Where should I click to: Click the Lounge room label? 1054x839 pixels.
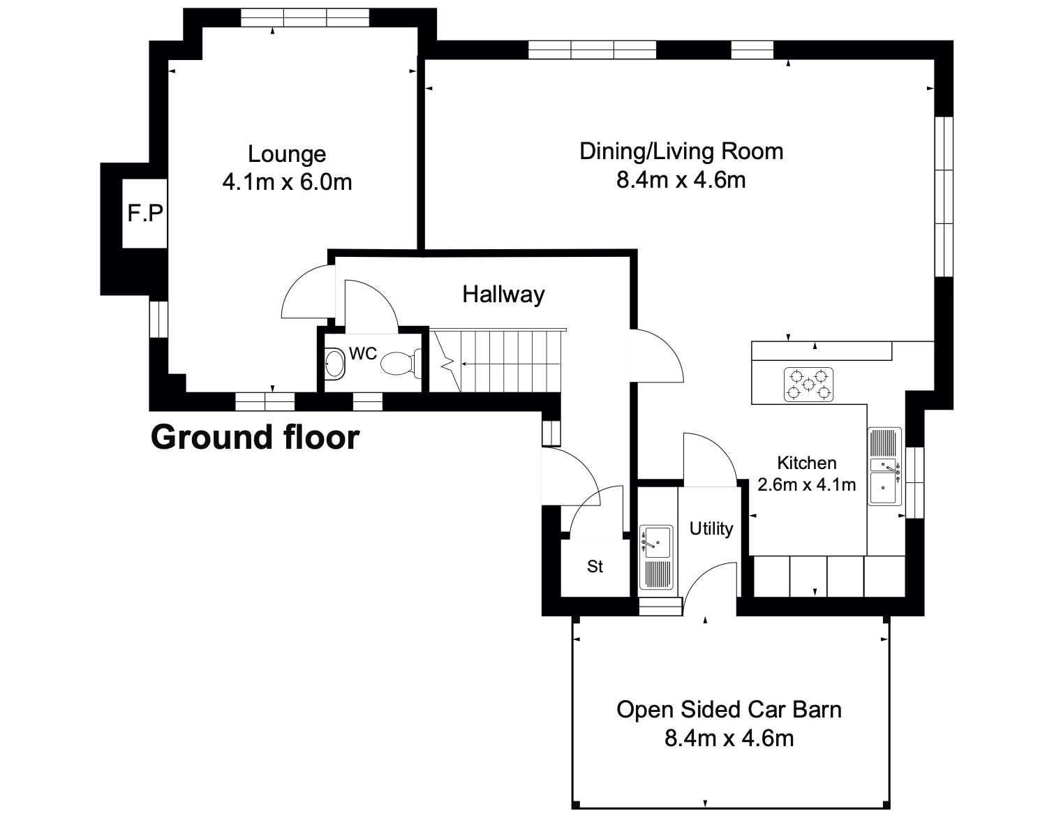coord(287,154)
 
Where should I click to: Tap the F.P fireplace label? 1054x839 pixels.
coord(145,213)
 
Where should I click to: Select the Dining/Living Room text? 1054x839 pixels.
coord(681,152)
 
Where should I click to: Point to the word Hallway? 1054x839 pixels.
coord(503,295)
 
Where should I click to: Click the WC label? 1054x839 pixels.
coord(363,353)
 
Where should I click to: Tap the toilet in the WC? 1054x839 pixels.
coord(401,363)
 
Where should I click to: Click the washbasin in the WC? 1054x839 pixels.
coord(335,364)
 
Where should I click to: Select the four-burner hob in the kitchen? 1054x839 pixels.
coord(808,385)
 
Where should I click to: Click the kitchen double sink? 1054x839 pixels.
coord(885,466)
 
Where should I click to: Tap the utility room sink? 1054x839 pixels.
coord(657,557)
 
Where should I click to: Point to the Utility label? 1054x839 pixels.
coord(711,528)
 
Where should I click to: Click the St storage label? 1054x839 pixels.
coord(595,567)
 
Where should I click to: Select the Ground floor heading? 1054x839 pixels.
coord(255,437)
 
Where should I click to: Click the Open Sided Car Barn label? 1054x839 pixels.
coord(729,710)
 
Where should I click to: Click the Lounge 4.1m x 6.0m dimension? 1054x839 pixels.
coord(287,182)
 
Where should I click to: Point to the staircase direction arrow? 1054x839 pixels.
coord(510,364)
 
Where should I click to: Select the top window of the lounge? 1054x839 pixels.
coord(304,17)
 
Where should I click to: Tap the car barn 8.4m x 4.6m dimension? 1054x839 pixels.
coord(729,738)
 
